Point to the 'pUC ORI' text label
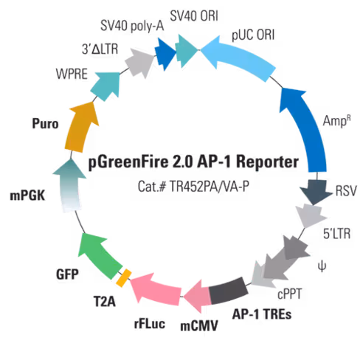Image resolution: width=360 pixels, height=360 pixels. pyautogui.click(x=252, y=34)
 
